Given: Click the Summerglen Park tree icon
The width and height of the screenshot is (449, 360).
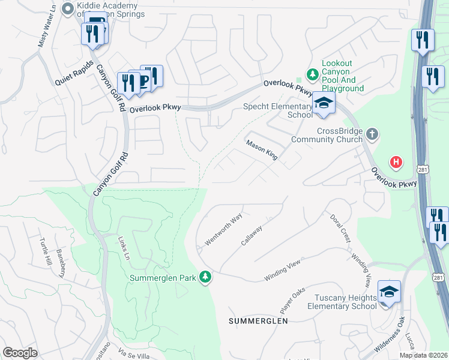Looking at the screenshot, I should [206, 277].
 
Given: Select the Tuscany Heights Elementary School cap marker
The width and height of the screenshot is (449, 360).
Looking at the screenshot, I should [389, 293].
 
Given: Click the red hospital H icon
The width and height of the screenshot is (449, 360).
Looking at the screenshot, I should [396, 161].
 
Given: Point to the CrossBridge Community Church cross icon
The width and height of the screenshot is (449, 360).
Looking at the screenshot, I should [372, 133].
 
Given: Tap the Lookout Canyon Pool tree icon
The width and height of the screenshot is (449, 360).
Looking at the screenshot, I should [312, 75].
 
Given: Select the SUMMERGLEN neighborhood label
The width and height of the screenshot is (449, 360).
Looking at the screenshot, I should [258, 321].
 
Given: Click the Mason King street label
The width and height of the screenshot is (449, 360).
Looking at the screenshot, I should [262, 150].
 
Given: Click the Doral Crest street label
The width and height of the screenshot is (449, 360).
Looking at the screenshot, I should [340, 228].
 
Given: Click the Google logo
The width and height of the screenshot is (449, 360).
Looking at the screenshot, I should [20, 353].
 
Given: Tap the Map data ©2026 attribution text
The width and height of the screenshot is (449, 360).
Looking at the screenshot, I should [423, 355].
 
